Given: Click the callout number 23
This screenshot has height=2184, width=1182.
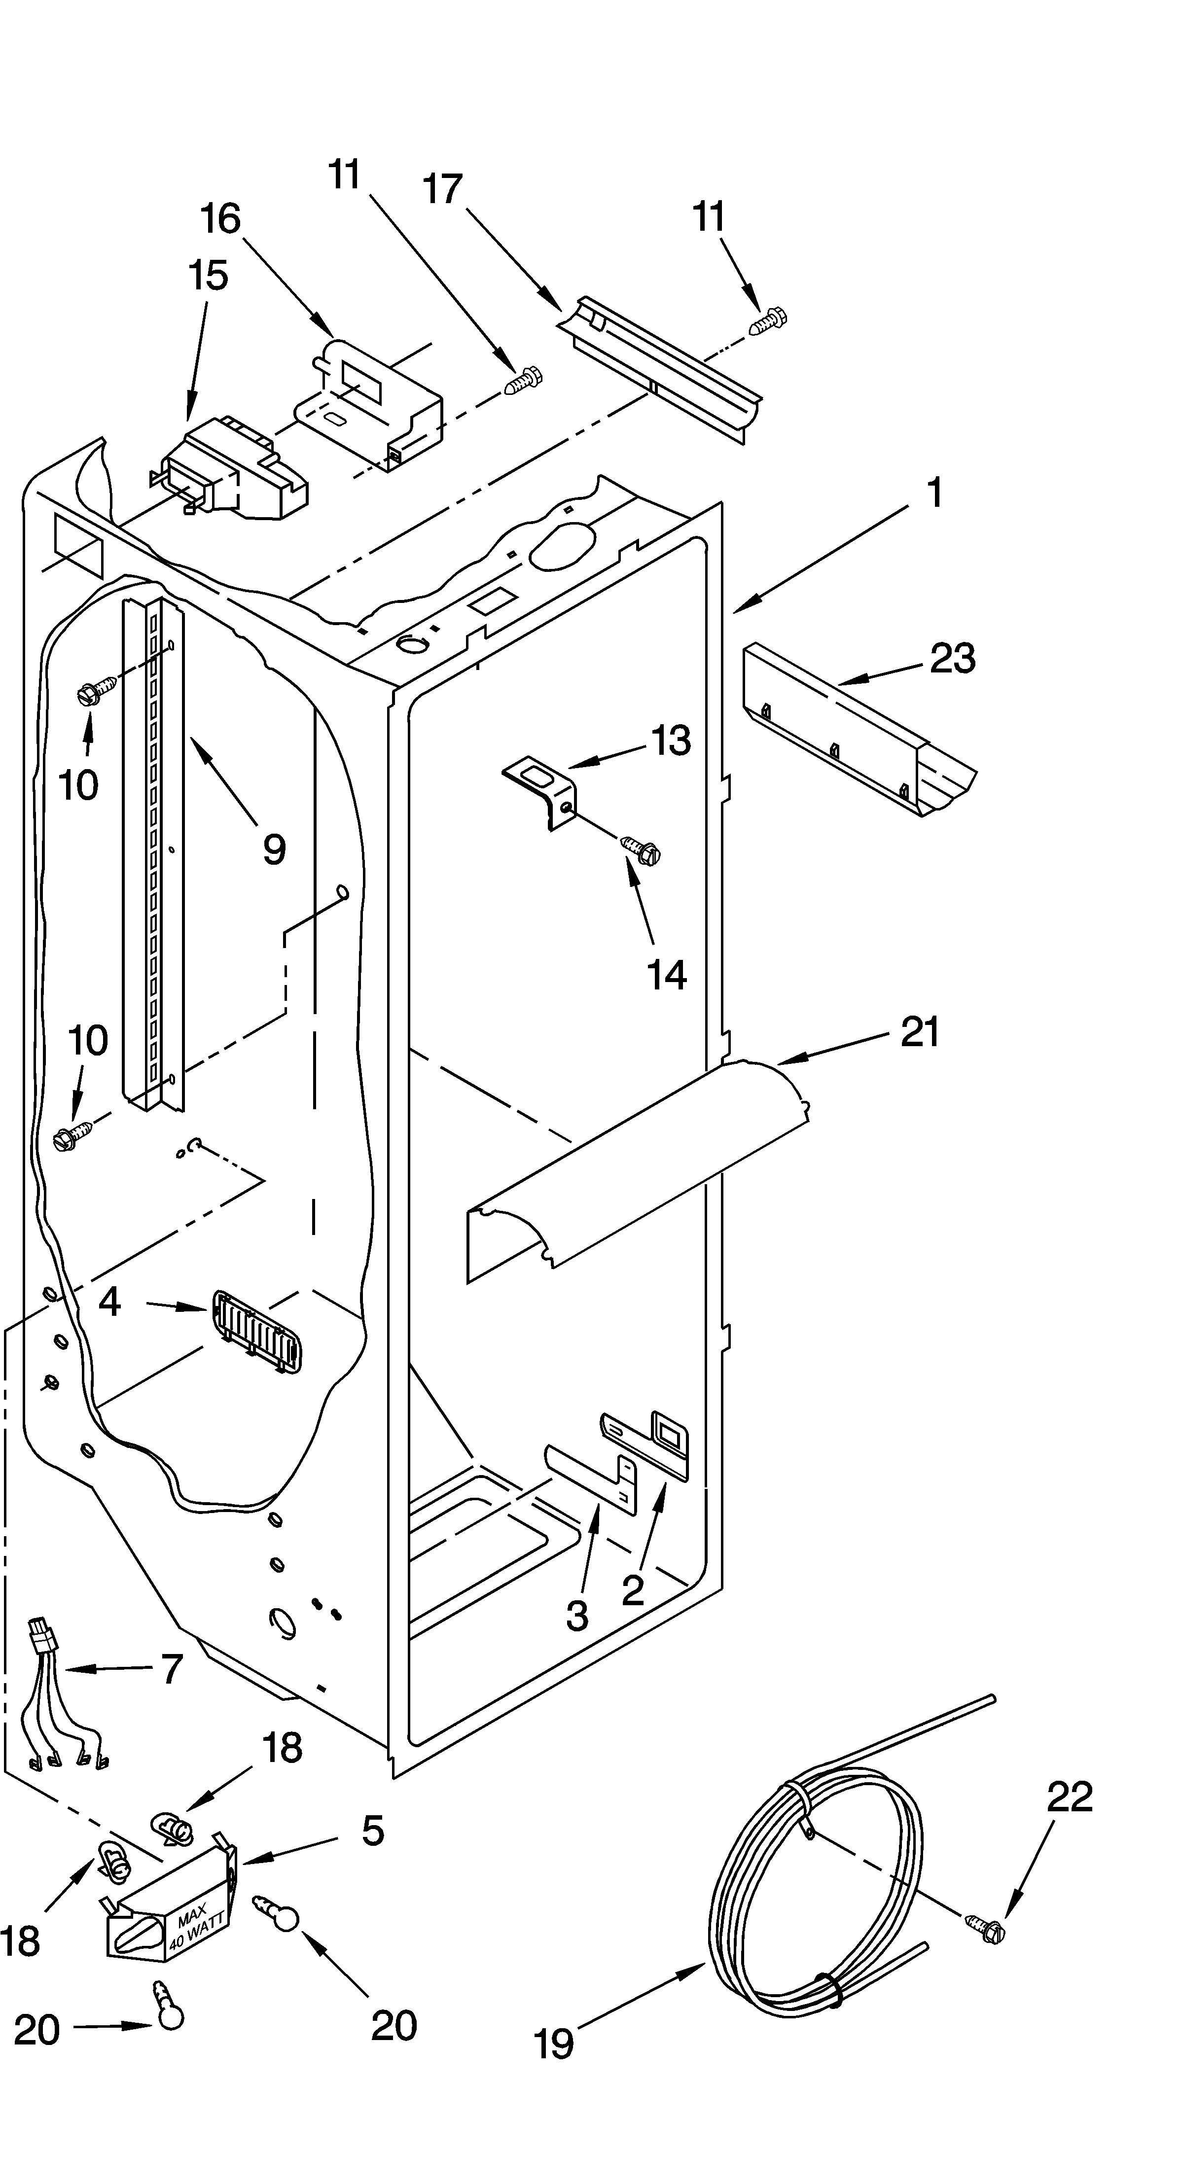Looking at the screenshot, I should pyautogui.click(x=952, y=658).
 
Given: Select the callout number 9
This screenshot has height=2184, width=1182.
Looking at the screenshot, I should pyautogui.click(x=273, y=848).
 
